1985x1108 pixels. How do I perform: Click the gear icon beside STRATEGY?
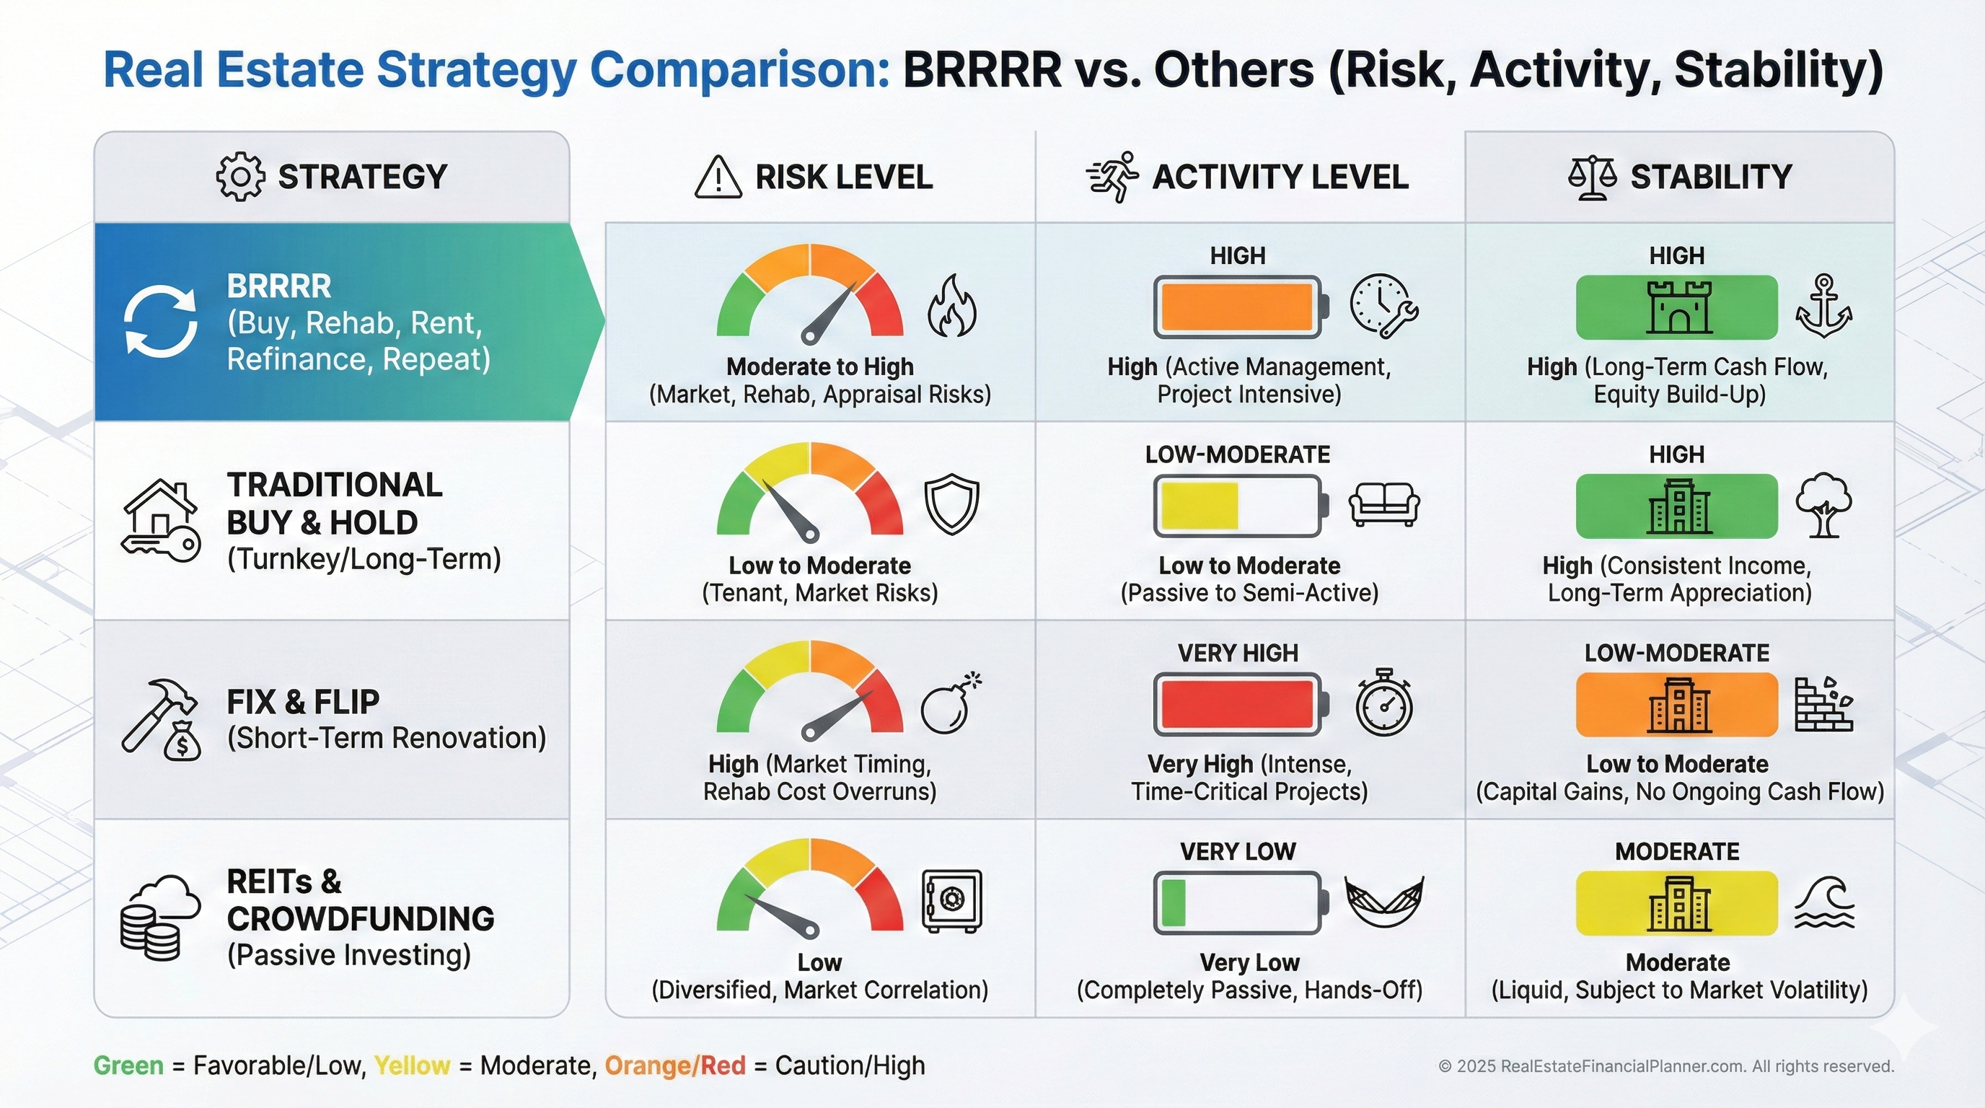(x=239, y=177)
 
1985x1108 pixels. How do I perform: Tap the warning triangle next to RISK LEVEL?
(x=718, y=178)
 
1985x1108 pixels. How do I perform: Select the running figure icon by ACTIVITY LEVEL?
(x=1114, y=177)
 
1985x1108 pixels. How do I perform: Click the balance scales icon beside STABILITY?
(x=1592, y=178)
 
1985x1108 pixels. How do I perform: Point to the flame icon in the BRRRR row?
(x=952, y=306)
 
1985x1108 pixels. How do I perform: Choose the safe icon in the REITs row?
(x=952, y=901)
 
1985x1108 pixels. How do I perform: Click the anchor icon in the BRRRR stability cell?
(x=1824, y=306)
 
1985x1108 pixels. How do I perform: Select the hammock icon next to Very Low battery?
(x=1384, y=901)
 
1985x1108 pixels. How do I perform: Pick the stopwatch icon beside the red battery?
(x=1384, y=703)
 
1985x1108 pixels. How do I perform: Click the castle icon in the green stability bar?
(x=1679, y=307)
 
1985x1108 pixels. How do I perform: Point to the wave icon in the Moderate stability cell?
(x=1824, y=903)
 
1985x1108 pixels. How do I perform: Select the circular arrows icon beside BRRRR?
(x=160, y=321)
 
